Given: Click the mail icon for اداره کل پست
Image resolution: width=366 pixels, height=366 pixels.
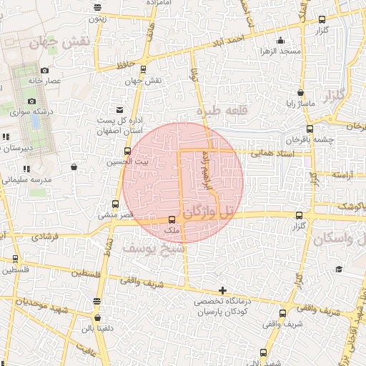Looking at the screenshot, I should point(119,109).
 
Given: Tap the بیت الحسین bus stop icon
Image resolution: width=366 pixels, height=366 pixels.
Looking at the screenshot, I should point(128,151).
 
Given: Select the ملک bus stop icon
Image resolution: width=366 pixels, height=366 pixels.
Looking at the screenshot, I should point(172,220).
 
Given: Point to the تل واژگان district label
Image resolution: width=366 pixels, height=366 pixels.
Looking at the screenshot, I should point(208,212).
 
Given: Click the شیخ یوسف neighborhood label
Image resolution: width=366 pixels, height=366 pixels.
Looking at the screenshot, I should point(153,248).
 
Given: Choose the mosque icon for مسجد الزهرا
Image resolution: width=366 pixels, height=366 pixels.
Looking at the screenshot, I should point(281,40).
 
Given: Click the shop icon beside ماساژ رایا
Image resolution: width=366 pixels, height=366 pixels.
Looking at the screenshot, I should point(300,92).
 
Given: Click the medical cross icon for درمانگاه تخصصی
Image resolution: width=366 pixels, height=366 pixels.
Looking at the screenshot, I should point(224,290).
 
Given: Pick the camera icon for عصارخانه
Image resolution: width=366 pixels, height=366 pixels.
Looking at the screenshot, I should point(44,70).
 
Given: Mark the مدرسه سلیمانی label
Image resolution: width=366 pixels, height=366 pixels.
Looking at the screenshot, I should point(24,180).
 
